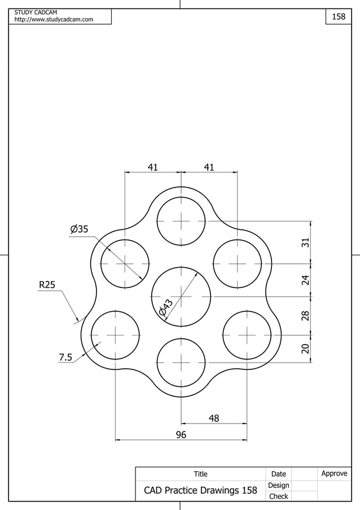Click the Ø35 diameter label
click(80, 229)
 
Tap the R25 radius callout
click(47, 285)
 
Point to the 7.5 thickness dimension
click(65, 357)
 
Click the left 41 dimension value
click(152, 167)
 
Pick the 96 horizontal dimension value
click(181, 434)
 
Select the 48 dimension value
click(214, 418)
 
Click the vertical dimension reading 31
click(305, 242)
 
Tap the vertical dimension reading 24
click(305, 280)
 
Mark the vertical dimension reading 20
click(305, 348)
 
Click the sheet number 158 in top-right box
click(338, 17)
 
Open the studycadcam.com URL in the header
click(54, 20)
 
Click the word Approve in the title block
click(334, 473)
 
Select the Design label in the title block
click(278, 485)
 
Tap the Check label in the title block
click(278, 496)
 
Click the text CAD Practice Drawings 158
click(200, 490)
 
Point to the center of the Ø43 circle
click(181, 297)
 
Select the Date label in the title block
click(278, 474)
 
